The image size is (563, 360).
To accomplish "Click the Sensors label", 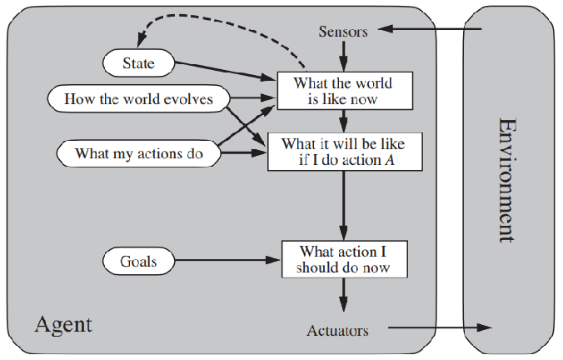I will (342, 32).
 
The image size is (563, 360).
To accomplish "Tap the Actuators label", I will (337, 331).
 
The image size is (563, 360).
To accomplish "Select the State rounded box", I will (139, 62).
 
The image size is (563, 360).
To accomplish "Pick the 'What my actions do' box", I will (138, 153).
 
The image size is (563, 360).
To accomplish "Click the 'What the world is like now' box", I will (341, 92).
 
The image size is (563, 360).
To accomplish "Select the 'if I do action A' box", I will (341, 152).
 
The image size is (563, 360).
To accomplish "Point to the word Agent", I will (63, 323).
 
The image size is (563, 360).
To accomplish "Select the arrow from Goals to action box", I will (230, 261).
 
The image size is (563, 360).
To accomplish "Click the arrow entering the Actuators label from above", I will (342, 297).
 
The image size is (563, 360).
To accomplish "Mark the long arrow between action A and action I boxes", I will (342, 204).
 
